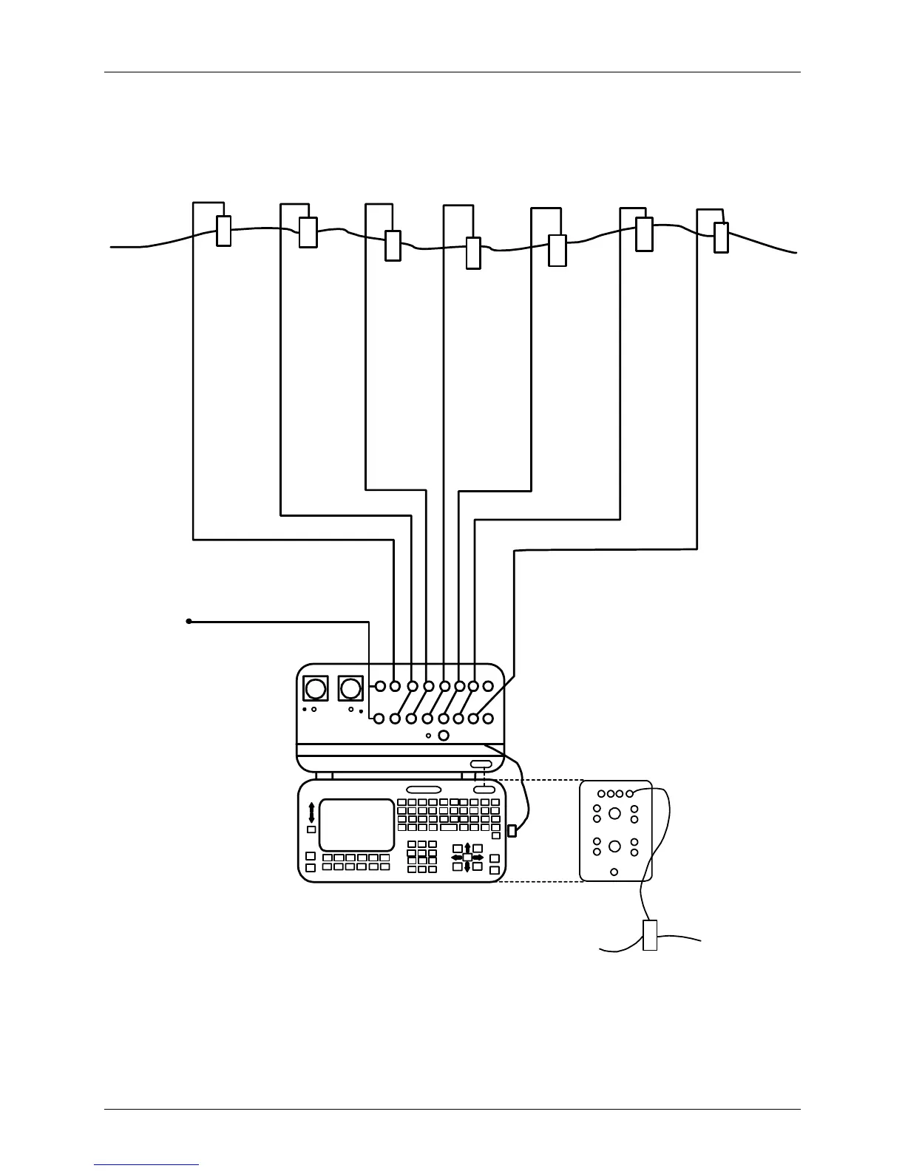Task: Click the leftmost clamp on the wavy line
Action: tap(223, 231)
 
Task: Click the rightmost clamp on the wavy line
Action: tap(721, 237)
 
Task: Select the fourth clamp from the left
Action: tap(473, 253)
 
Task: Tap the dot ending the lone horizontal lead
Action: tap(189, 622)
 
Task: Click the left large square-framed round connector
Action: tap(316, 689)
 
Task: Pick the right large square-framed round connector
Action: tap(350, 689)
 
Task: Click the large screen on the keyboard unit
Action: tap(356, 824)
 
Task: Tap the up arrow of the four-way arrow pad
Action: tap(467, 847)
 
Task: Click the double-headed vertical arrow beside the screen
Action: tap(311, 812)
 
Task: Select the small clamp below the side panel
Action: tap(650, 935)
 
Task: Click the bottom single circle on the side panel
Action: tap(614, 872)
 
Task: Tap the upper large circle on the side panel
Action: tap(614, 814)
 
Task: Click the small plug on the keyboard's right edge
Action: tap(512, 831)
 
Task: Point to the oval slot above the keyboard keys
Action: tap(424, 790)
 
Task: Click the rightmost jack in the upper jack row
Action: tap(488, 686)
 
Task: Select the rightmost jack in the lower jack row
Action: tap(488, 718)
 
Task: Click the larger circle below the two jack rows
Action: tap(444, 736)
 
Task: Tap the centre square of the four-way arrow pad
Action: tap(467, 858)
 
